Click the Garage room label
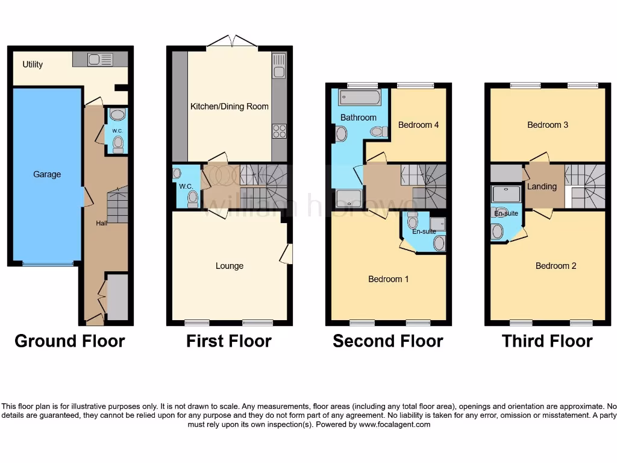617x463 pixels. tap(47, 174)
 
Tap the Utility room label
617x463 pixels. tap(33, 65)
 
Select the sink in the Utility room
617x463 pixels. tap(100, 59)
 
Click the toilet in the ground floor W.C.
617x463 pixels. tap(118, 142)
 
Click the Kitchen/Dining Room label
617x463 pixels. tap(230, 107)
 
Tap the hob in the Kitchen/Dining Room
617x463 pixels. tap(280, 130)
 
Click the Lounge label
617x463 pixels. tap(230, 266)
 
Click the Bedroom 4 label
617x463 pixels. tap(418, 125)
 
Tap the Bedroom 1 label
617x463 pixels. tap(389, 279)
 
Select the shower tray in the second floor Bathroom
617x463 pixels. tap(348, 197)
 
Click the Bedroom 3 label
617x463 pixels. tap(548, 125)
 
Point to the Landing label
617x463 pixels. tap(542, 186)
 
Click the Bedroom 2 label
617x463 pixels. tap(556, 266)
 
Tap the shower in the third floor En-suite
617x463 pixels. tap(506, 194)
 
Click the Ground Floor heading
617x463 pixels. tap(70, 341)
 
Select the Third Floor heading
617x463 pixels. tap(547, 341)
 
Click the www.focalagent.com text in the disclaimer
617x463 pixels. tap(394, 424)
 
